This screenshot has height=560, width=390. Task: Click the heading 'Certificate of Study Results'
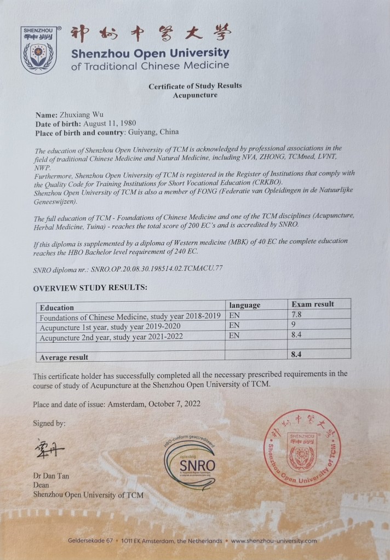click(x=194, y=86)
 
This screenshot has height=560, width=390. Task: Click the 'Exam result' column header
click(x=313, y=304)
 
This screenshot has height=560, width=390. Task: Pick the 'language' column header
click(x=244, y=305)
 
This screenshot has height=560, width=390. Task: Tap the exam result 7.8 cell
click(x=297, y=314)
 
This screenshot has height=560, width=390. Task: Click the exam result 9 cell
click(x=294, y=324)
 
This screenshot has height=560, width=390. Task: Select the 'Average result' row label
click(x=64, y=357)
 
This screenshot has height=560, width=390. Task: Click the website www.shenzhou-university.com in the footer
click(x=274, y=541)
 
